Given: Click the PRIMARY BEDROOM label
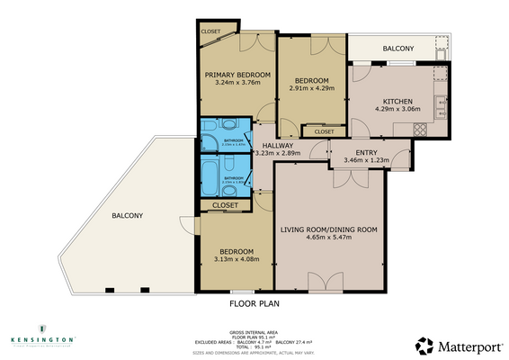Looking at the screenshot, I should click(237, 75).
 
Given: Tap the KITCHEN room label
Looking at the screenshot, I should click(397, 101).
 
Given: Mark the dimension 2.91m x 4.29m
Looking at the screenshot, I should click(310, 89).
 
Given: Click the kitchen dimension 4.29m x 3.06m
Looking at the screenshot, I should click(397, 110).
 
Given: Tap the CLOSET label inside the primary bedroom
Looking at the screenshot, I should click(210, 31).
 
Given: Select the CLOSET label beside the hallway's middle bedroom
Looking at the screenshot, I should click(325, 132).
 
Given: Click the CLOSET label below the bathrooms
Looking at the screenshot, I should click(226, 205).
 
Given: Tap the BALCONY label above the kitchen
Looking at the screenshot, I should click(397, 49).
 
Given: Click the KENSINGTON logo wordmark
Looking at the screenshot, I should click(42, 340).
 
